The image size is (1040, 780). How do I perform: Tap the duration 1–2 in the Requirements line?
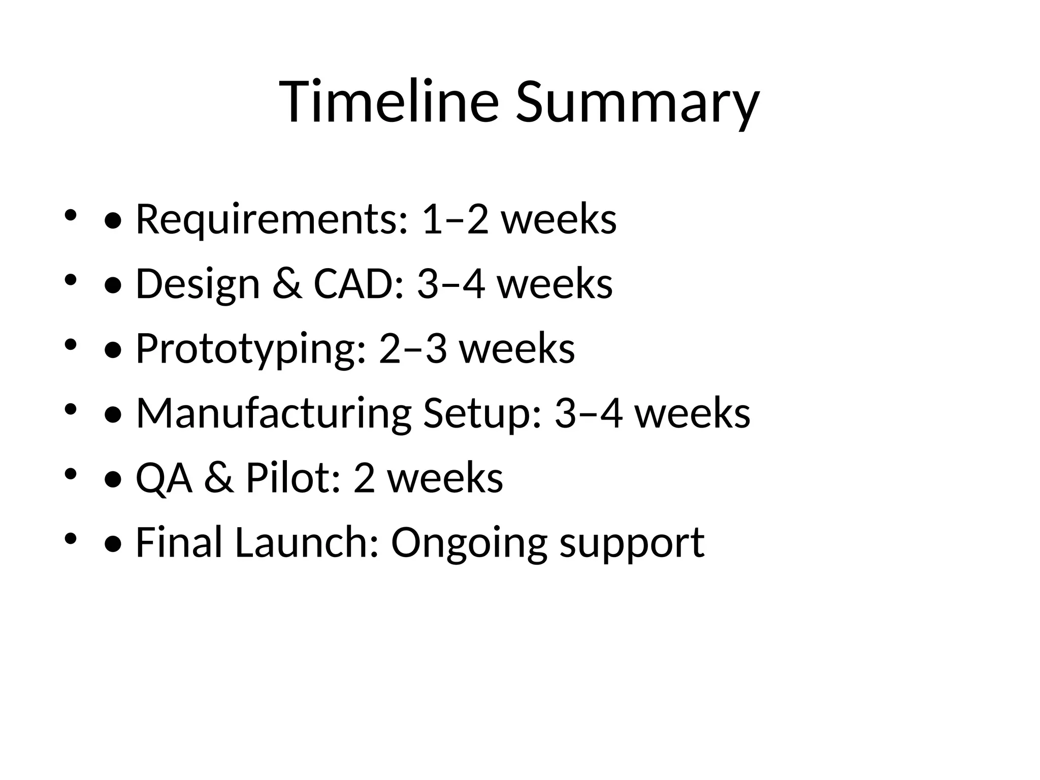tap(454, 219)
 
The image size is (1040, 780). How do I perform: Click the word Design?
tap(198, 284)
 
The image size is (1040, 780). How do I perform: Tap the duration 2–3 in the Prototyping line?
tap(412, 349)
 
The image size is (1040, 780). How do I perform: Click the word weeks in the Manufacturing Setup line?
tap(693, 413)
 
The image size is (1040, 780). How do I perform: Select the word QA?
tap(164, 478)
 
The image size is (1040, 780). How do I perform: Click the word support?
tap(632, 542)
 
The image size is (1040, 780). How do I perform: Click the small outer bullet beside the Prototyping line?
tap(71, 345)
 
